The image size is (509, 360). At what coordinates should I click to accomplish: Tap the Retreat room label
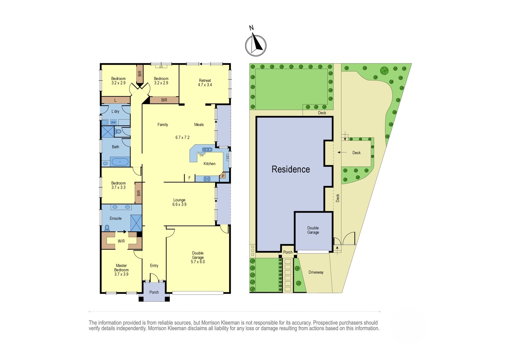[x=205, y=83]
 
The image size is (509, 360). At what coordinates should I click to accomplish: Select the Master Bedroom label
[x=121, y=270]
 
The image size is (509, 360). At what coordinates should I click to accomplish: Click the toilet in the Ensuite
[x=107, y=228]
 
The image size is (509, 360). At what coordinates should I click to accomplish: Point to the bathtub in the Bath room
[x=120, y=162]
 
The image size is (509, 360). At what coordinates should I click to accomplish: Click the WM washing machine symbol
[x=113, y=122]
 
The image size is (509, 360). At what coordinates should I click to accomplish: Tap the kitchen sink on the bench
[x=207, y=150]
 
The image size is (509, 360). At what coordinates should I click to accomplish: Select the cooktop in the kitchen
[x=207, y=179]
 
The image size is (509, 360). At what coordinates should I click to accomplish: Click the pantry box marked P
[x=223, y=175]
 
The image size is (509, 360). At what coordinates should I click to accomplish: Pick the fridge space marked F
[x=189, y=178]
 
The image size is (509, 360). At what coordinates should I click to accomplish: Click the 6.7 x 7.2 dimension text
[x=182, y=137]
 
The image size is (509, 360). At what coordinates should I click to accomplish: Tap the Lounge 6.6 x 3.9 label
[x=179, y=202]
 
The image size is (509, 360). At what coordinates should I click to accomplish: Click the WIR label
[x=121, y=241]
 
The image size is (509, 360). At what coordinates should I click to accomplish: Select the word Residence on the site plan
[x=290, y=169]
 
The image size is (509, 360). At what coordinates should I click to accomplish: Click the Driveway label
[x=316, y=272]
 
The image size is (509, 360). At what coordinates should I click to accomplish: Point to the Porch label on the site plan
[x=288, y=252]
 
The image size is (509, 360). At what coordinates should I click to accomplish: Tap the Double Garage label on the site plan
[x=313, y=230]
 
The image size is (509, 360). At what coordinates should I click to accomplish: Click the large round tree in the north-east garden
[x=384, y=71]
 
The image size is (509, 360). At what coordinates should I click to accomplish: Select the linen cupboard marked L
[x=115, y=100]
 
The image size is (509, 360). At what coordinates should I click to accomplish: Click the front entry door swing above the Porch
[x=154, y=277]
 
